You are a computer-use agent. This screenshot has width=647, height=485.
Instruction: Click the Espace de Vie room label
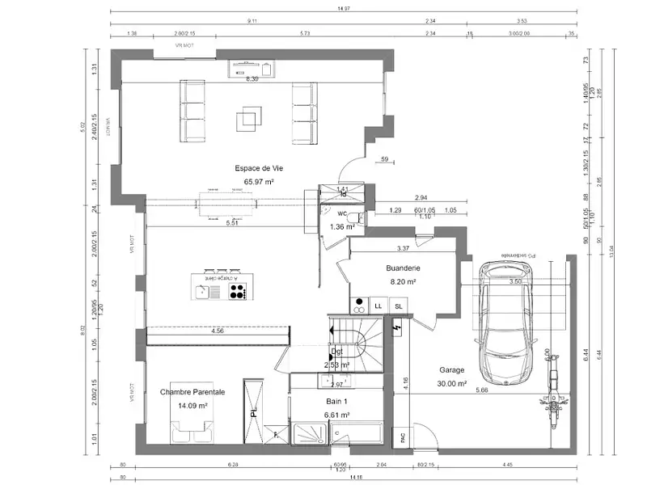[x=259, y=168]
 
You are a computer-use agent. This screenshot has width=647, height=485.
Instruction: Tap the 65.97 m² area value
[x=259, y=182]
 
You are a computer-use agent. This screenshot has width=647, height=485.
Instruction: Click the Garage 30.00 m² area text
[x=451, y=384]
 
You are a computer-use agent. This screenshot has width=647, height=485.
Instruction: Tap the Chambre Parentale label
[x=192, y=392]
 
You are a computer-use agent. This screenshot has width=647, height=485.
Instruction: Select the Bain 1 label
[x=336, y=402]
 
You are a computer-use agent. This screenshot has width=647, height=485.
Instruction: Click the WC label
[x=342, y=214]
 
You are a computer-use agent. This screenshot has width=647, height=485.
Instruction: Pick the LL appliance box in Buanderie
[x=378, y=306]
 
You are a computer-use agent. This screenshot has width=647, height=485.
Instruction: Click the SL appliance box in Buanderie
[x=398, y=306]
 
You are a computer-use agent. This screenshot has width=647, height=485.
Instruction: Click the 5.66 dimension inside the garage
[x=481, y=390]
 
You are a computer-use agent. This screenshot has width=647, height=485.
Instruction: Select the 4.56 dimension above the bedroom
[x=218, y=331]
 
